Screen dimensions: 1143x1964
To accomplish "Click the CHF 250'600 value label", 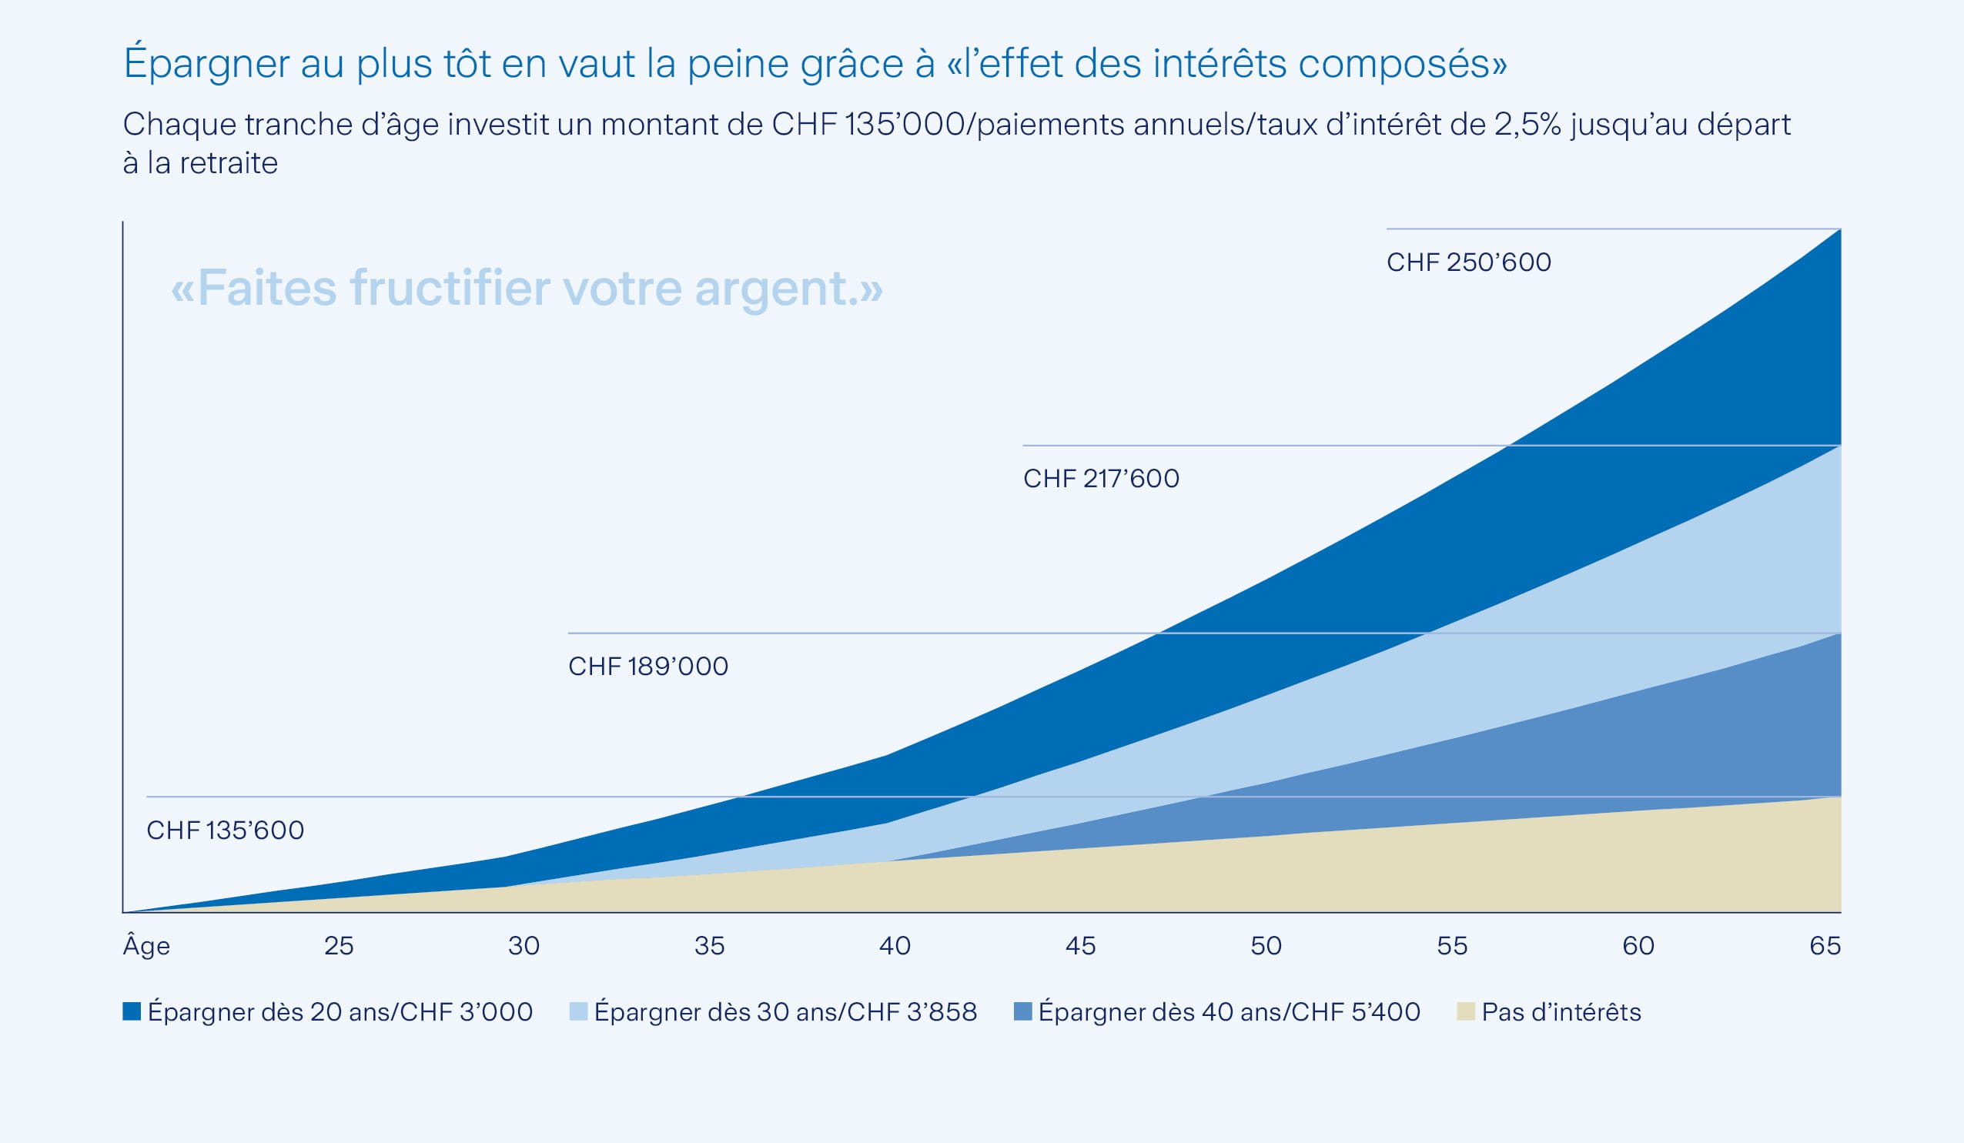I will (1468, 262).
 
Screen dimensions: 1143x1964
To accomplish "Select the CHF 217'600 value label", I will (1100, 479).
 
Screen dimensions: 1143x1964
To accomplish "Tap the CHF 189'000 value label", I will (647, 666).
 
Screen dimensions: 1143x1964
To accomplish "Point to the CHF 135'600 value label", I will (226, 830).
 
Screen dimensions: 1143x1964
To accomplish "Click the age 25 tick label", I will (338, 946).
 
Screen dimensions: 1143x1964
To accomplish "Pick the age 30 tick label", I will (524, 946).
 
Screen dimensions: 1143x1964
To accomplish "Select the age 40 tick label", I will (895, 946).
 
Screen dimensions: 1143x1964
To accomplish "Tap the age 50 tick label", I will (1266, 946).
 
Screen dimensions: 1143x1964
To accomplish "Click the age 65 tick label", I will (1825, 946).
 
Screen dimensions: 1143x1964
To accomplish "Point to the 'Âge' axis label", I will (146, 945).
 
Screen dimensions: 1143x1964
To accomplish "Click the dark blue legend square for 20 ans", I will (132, 1011).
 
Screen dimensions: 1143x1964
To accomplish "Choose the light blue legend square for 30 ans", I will (578, 1011).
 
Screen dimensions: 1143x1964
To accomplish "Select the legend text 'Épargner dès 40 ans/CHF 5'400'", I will (1229, 1011).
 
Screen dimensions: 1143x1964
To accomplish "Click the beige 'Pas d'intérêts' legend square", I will (1465, 1011).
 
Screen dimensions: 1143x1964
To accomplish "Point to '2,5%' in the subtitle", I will (1527, 125).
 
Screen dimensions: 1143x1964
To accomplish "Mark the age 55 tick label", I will (1452, 946).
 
